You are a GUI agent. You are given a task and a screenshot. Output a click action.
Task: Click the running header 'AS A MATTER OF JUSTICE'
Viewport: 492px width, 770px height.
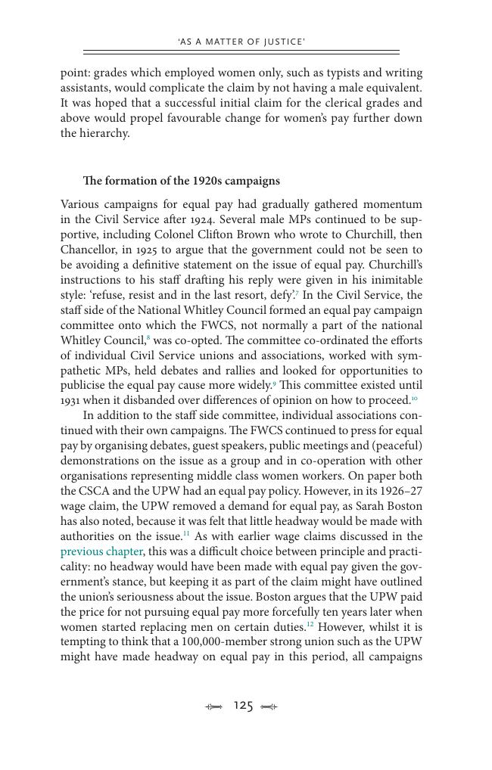241,42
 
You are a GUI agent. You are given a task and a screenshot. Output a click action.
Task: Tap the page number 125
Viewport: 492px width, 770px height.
243,706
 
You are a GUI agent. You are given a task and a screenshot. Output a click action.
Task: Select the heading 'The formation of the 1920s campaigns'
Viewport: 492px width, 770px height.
182,181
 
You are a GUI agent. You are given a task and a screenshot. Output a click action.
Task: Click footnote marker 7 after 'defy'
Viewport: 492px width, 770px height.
296,292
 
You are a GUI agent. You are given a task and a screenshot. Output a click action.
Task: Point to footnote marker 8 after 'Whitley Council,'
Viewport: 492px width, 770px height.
148,337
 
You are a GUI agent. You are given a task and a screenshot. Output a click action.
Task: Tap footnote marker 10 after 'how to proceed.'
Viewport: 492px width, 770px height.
414,398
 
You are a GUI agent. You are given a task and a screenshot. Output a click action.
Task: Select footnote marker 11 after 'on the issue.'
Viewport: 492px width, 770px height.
186,534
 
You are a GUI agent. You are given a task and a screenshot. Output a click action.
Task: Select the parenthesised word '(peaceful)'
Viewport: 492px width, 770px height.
396,446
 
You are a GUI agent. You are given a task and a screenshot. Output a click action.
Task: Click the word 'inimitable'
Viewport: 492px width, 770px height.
395,280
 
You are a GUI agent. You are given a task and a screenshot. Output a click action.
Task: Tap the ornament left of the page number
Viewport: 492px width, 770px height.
215,706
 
